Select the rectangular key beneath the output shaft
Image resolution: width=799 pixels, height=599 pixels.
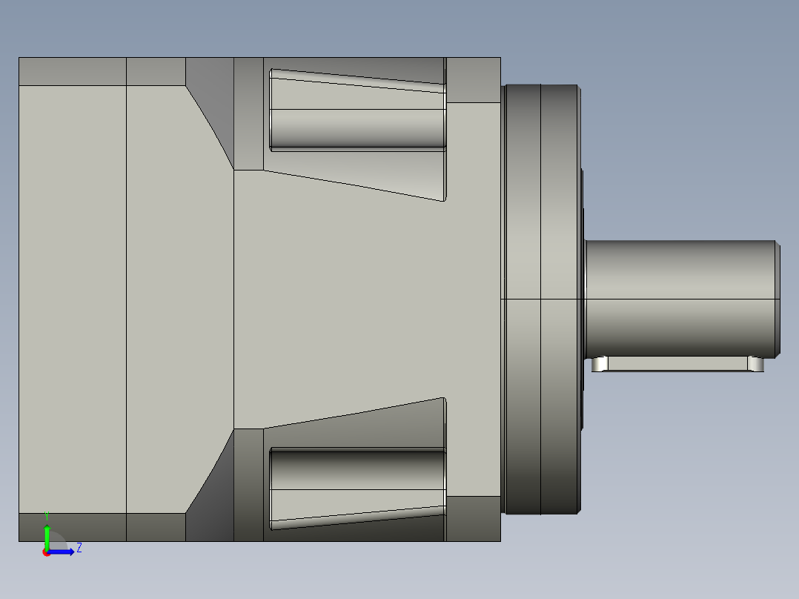click(677, 364)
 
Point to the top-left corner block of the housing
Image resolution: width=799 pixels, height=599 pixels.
click(72, 71)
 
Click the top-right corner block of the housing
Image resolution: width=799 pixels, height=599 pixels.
click(473, 80)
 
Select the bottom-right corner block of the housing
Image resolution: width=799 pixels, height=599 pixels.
click(473, 518)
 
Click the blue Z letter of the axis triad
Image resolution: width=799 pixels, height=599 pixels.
click(79, 548)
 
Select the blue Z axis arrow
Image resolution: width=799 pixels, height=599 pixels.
click(62, 552)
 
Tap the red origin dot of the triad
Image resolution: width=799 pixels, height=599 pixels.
click(47, 552)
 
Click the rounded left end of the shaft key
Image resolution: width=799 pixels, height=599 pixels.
click(599, 364)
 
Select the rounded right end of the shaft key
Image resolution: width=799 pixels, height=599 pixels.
click(756, 364)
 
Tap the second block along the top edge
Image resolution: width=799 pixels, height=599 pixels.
click(156, 71)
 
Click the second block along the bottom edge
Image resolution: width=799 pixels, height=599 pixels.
click(156, 527)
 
